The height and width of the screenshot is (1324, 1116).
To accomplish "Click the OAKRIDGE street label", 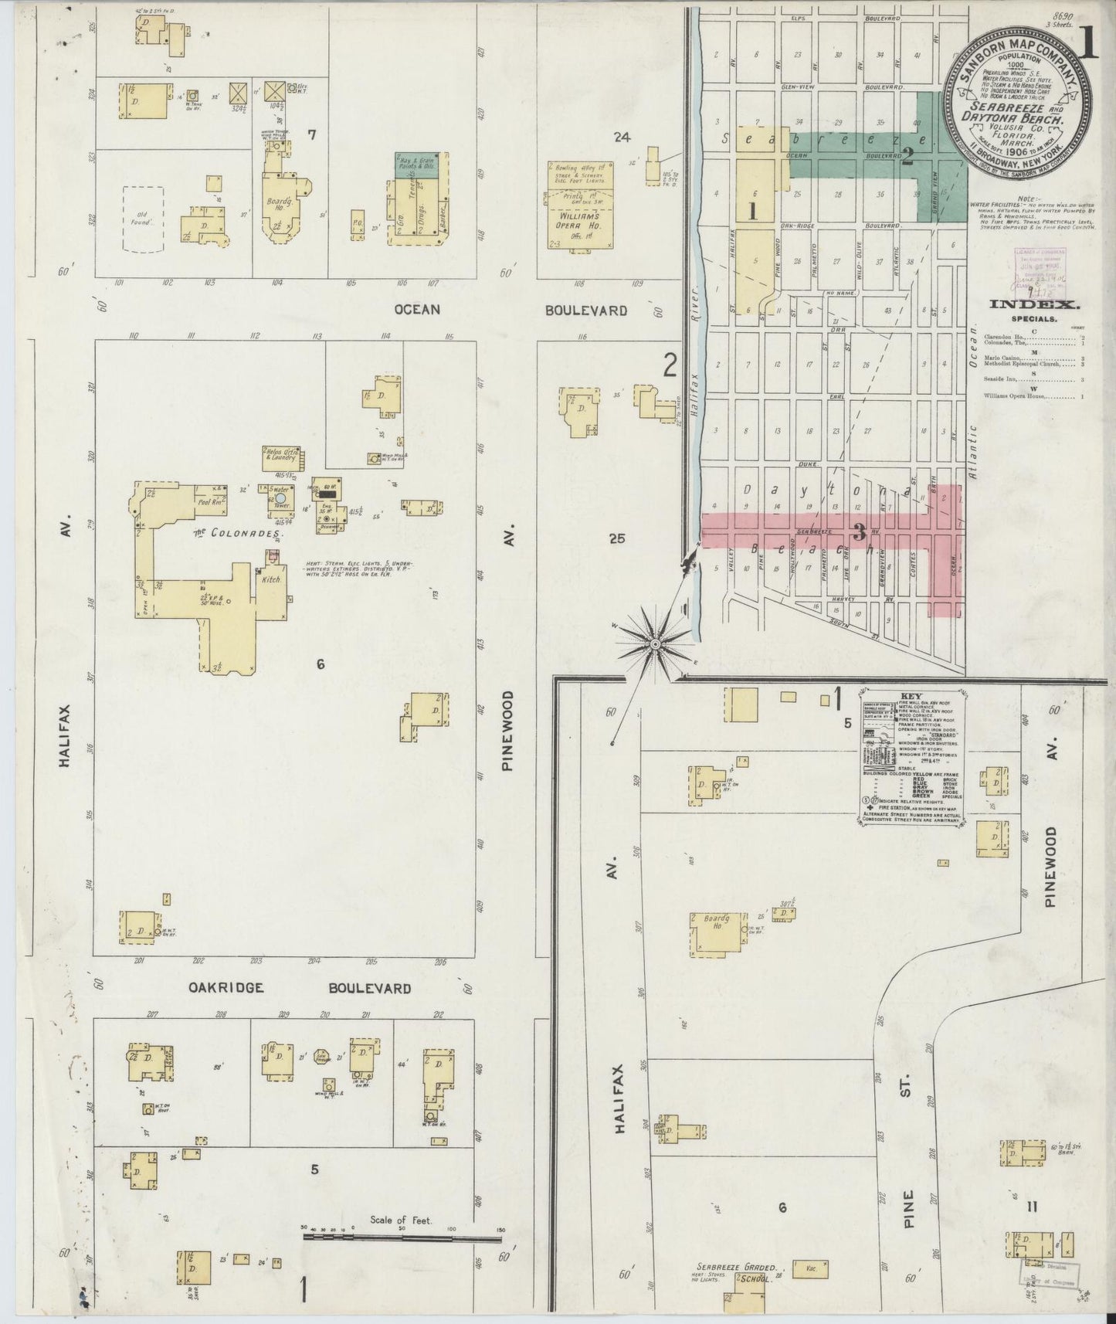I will (227, 988).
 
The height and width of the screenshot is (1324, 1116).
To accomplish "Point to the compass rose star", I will (654, 643).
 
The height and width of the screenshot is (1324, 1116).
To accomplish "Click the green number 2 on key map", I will (908, 158).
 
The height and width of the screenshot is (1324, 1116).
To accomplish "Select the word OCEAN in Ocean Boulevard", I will (417, 310).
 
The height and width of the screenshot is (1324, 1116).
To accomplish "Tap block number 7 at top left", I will (312, 134).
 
